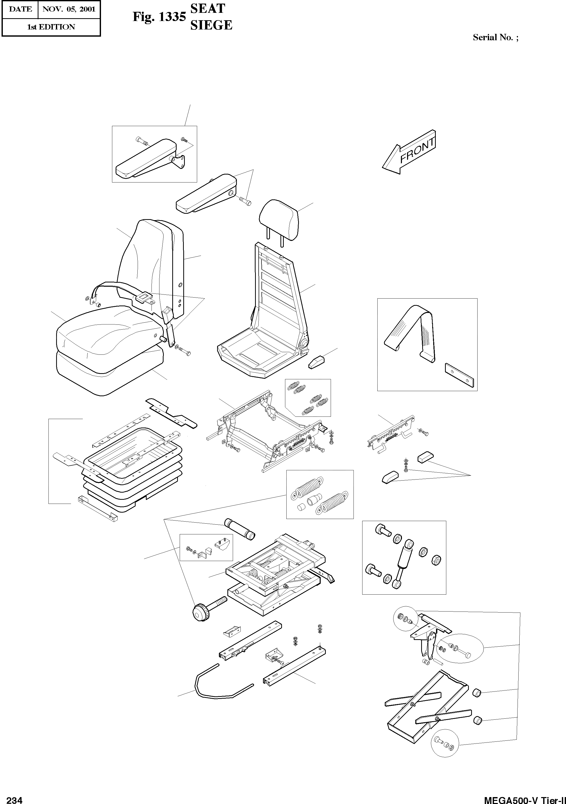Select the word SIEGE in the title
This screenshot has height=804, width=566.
tap(211, 25)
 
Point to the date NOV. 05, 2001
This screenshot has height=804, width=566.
tap(69, 9)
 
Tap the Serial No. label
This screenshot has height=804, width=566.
tap(495, 37)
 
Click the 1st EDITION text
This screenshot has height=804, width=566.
tap(51, 27)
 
